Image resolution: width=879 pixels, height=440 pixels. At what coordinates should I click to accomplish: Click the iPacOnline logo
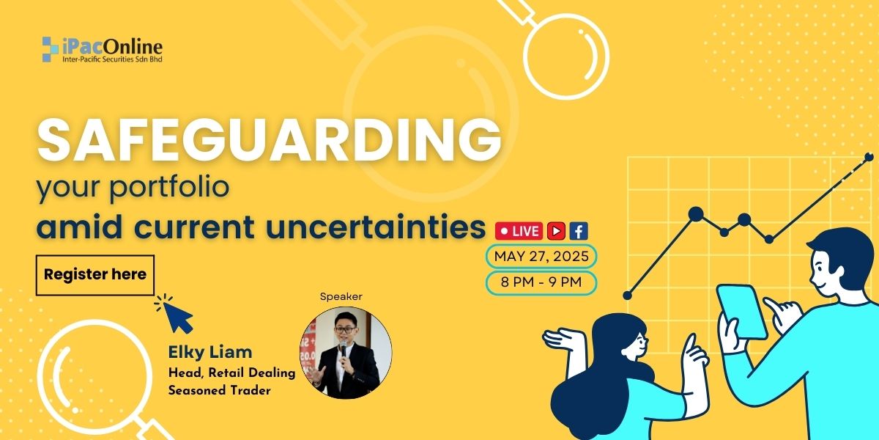click(102, 50)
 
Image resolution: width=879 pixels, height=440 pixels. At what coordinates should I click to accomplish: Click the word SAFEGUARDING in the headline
click(270, 141)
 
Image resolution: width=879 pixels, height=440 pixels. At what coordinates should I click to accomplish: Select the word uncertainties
click(376, 227)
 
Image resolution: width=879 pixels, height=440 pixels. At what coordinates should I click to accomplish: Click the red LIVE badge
click(519, 231)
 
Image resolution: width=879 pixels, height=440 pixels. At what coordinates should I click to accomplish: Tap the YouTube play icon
click(556, 231)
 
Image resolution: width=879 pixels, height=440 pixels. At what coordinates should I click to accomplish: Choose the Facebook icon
click(579, 231)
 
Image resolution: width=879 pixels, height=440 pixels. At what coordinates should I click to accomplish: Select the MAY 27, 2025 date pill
click(541, 257)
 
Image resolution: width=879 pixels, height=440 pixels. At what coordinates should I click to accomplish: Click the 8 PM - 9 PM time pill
click(541, 282)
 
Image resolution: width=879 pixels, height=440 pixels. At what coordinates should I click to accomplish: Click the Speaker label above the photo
click(341, 296)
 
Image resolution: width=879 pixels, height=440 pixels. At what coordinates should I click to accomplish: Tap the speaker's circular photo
click(346, 353)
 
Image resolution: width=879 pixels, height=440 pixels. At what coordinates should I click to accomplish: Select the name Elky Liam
click(210, 353)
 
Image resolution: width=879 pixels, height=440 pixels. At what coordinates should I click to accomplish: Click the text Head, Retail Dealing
click(232, 373)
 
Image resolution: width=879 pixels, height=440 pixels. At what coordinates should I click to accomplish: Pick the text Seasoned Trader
click(219, 390)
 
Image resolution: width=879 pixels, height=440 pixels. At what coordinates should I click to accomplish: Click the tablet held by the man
click(741, 311)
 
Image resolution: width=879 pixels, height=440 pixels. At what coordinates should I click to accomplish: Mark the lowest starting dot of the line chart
click(628, 296)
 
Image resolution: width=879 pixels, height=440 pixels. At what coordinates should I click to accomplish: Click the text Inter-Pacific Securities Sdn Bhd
click(112, 59)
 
